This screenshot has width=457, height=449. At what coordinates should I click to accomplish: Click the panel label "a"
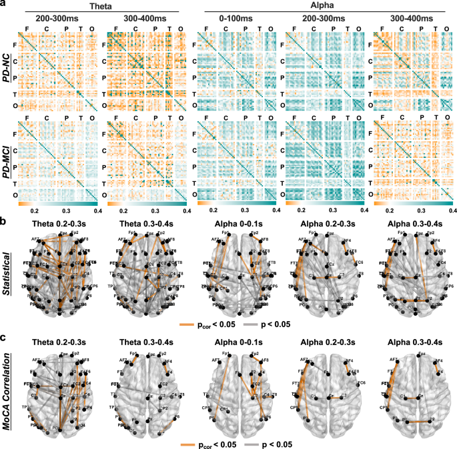tap(4, 5)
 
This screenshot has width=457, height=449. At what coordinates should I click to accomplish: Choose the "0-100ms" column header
tap(236, 18)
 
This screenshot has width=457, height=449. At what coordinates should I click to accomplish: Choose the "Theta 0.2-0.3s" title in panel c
tap(57, 344)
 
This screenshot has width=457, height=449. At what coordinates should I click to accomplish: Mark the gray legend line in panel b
tap(256, 326)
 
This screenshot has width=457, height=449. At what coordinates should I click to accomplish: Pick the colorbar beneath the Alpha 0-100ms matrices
tap(236, 200)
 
